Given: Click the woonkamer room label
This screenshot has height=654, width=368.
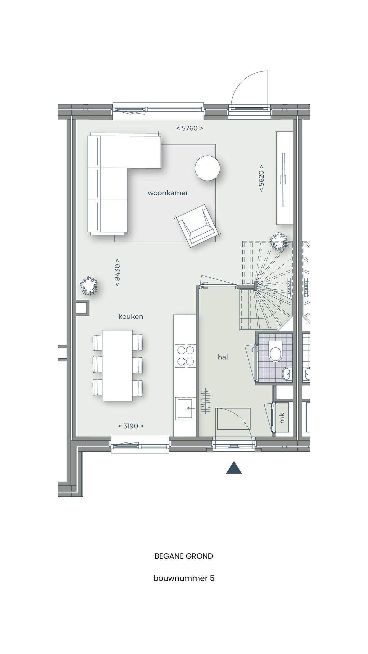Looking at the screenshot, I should click(168, 193).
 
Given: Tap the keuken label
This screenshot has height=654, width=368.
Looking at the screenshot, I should click(131, 316).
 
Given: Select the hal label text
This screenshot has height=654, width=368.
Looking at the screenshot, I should click(223, 357).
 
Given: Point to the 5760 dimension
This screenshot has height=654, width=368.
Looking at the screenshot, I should click(190, 128).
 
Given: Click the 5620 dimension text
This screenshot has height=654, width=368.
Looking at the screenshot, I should click(261, 178).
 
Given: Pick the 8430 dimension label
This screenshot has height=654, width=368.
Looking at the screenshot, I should click(117, 272).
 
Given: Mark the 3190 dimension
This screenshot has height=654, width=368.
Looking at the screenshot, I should click(131, 426).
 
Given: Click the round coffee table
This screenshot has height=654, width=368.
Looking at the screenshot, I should click(207, 168).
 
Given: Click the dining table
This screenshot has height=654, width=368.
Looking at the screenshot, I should click(118, 365).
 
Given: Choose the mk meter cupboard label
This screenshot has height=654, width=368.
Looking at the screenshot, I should click(282, 418).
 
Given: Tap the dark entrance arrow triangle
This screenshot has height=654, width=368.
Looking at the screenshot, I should click(234, 468).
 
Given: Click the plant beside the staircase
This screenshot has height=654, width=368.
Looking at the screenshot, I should click(278, 242).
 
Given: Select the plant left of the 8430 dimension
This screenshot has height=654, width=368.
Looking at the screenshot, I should click(89, 285).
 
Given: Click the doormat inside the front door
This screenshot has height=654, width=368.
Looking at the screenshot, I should click(234, 419).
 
